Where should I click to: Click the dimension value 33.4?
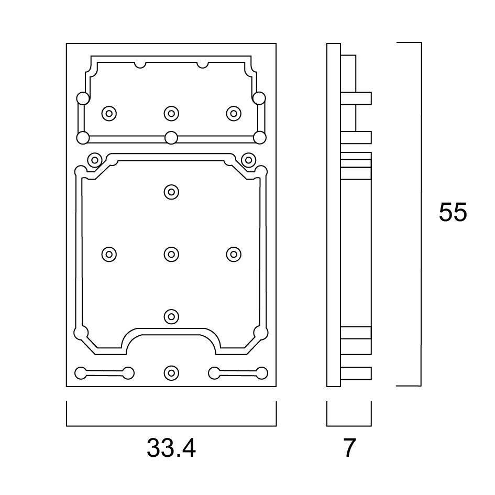(x=171, y=448)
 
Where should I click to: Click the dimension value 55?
(x=453, y=212)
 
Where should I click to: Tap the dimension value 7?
(x=349, y=448)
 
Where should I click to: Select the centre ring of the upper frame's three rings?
(x=171, y=113)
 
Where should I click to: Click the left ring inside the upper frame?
(x=109, y=113)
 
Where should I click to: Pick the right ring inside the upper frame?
(x=234, y=113)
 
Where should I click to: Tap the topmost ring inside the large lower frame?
(x=171, y=192)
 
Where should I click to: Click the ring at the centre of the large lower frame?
(x=171, y=254)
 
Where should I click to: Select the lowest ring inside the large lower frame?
(x=171, y=316)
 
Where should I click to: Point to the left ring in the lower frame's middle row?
(x=109, y=254)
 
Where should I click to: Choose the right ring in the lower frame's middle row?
(x=234, y=254)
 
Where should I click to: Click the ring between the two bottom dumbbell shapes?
(x=171, y=373)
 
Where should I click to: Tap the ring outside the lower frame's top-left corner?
(x=94, y=160)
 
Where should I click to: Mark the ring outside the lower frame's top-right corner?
(x=248, y=160)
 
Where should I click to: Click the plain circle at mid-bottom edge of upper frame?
(x=171, y=138)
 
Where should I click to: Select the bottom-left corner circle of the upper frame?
(x=83, y=138)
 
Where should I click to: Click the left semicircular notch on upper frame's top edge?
(x=140, y=65)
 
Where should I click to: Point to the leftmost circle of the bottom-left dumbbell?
(x=81, y=373)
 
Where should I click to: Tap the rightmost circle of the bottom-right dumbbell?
(x=262, y=373)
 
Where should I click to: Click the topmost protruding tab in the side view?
(x=356, y=98)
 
